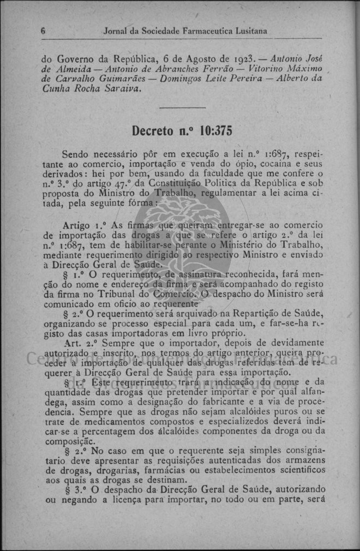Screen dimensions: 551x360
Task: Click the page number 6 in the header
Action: [43, 31]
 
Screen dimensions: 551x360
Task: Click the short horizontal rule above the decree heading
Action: [182, 108]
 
